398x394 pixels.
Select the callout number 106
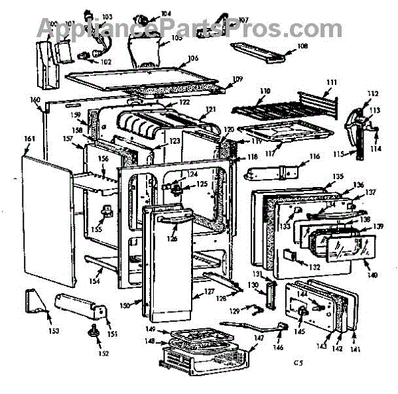click(x=193, y=58)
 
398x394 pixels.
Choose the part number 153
click(x=52, y=331)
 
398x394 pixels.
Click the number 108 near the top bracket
click(x=302, y=46)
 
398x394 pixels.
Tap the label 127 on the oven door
click(x=208, y=291)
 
